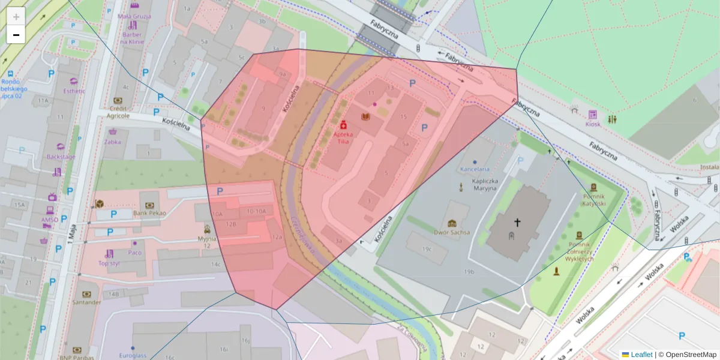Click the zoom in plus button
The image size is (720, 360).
coord(16,17)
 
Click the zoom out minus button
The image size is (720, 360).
coord(16,35)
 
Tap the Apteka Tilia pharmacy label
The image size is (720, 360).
coord(343,139)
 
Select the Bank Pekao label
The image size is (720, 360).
coord(149,213)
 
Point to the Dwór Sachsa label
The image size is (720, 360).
coord(451,231)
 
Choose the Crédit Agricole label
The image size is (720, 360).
coord(118,112)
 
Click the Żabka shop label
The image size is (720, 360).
coord(113,143)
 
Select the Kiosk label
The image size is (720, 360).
coord(592,124)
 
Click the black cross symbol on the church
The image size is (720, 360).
coord(517,222)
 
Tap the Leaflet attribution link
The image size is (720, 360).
coord(641,355)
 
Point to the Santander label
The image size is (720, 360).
coord(86,302)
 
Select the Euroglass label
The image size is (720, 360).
coord(133,355)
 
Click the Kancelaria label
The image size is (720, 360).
coord(475,169)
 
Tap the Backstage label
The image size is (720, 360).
coord(61,157)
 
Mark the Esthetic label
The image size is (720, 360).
coord(74,91)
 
